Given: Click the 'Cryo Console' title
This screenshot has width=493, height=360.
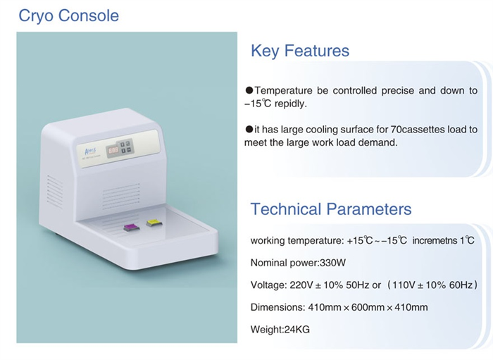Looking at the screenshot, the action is [68, 16].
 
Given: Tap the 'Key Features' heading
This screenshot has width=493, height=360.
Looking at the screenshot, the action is [300, 51].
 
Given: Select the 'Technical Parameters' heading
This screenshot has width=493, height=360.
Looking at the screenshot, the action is [331, 209].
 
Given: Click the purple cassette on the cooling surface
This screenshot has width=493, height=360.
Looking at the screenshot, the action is [131, 228].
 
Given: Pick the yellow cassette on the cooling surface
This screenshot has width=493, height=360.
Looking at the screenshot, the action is [154, 223].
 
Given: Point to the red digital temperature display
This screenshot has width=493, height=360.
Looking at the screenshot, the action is [113, 150].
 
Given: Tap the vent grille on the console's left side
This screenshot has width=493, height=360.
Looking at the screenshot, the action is [55, 192].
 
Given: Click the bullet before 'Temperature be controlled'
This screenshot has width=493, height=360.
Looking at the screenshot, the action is [249, 91].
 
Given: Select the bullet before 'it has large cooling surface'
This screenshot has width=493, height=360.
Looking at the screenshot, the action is [249, 129].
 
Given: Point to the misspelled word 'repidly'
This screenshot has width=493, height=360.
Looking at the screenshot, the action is [290, 104].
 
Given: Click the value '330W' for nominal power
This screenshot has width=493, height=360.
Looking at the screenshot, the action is [332, 263].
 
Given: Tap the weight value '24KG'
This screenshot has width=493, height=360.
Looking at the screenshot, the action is [297, 330].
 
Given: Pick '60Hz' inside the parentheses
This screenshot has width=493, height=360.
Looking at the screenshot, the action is [461, 285].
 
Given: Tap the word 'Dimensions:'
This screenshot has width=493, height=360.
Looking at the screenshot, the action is [277, 307].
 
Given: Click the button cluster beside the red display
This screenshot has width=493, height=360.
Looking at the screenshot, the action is [126, 147].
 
